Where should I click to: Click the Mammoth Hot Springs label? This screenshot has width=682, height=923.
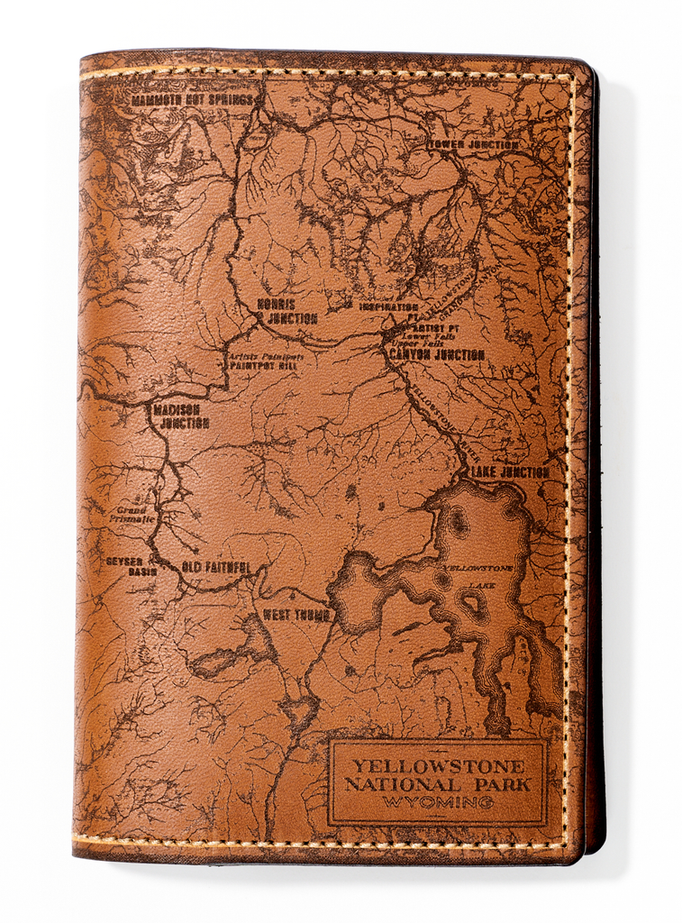click(x=193, y=100)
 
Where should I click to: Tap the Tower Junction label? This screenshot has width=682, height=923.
click(x=473, y=144)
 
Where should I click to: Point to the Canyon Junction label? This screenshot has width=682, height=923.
click(x=437, y=355)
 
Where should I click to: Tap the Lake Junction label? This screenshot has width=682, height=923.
click(x=508, y=471)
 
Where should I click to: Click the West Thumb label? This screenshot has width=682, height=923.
click(x=296, y=615)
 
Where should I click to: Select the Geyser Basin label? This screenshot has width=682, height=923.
click(x=131, y=566)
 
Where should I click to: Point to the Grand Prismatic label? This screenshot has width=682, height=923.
click(x=133, y=515)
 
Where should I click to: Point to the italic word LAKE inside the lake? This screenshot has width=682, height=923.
click(x=474, y=585)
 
